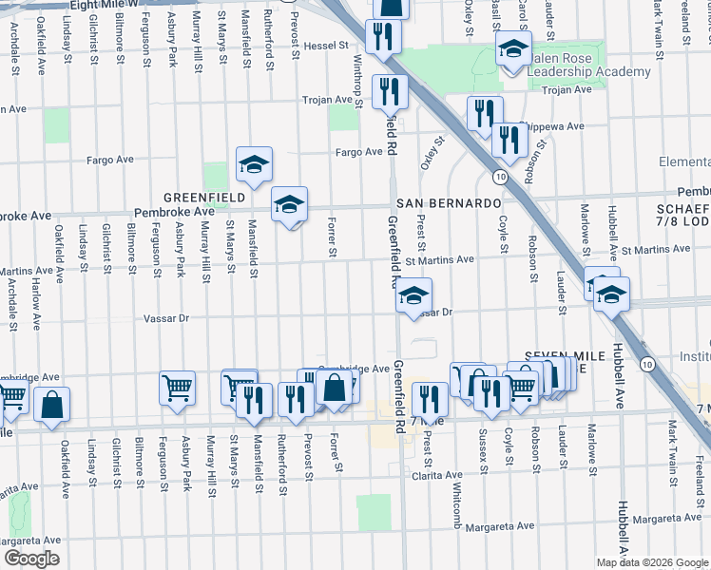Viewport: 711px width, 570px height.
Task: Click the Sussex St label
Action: pos(482,447)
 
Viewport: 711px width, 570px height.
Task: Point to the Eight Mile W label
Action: pos(105,5)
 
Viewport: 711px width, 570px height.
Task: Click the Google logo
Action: pos(31,559)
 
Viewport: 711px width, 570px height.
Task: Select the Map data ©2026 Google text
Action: pos(651,562)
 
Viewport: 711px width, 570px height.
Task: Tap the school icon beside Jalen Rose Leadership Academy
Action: pos(514,48)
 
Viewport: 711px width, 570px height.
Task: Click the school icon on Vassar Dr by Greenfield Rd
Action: pos(413,296)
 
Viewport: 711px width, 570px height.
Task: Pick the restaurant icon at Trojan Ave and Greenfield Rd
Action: pos(390,92)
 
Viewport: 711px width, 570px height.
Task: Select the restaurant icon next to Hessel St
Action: pos(384,37)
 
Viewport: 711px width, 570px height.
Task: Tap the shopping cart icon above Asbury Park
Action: pos(178,389)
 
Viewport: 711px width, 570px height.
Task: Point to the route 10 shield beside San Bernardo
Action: pos(499,176)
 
